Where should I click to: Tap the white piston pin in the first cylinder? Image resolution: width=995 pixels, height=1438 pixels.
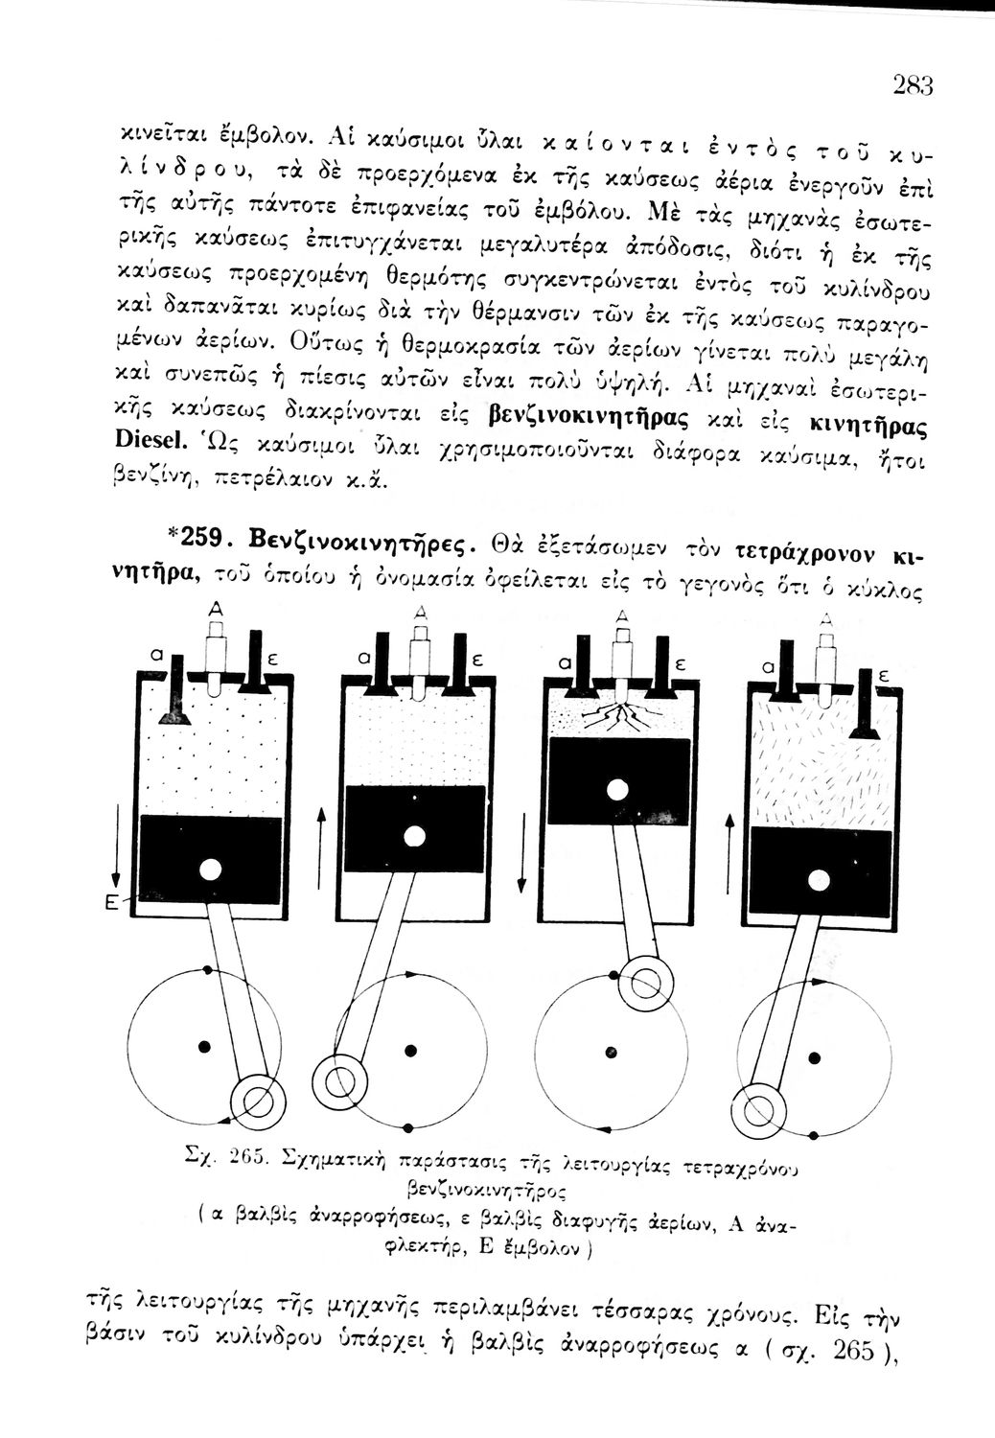coord(210,869)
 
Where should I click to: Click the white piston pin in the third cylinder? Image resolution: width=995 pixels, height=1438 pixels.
coord(618,790)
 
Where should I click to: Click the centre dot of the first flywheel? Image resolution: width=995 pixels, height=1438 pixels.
coord(202,1043)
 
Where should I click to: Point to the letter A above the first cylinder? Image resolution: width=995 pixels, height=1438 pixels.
coord(217,611)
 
